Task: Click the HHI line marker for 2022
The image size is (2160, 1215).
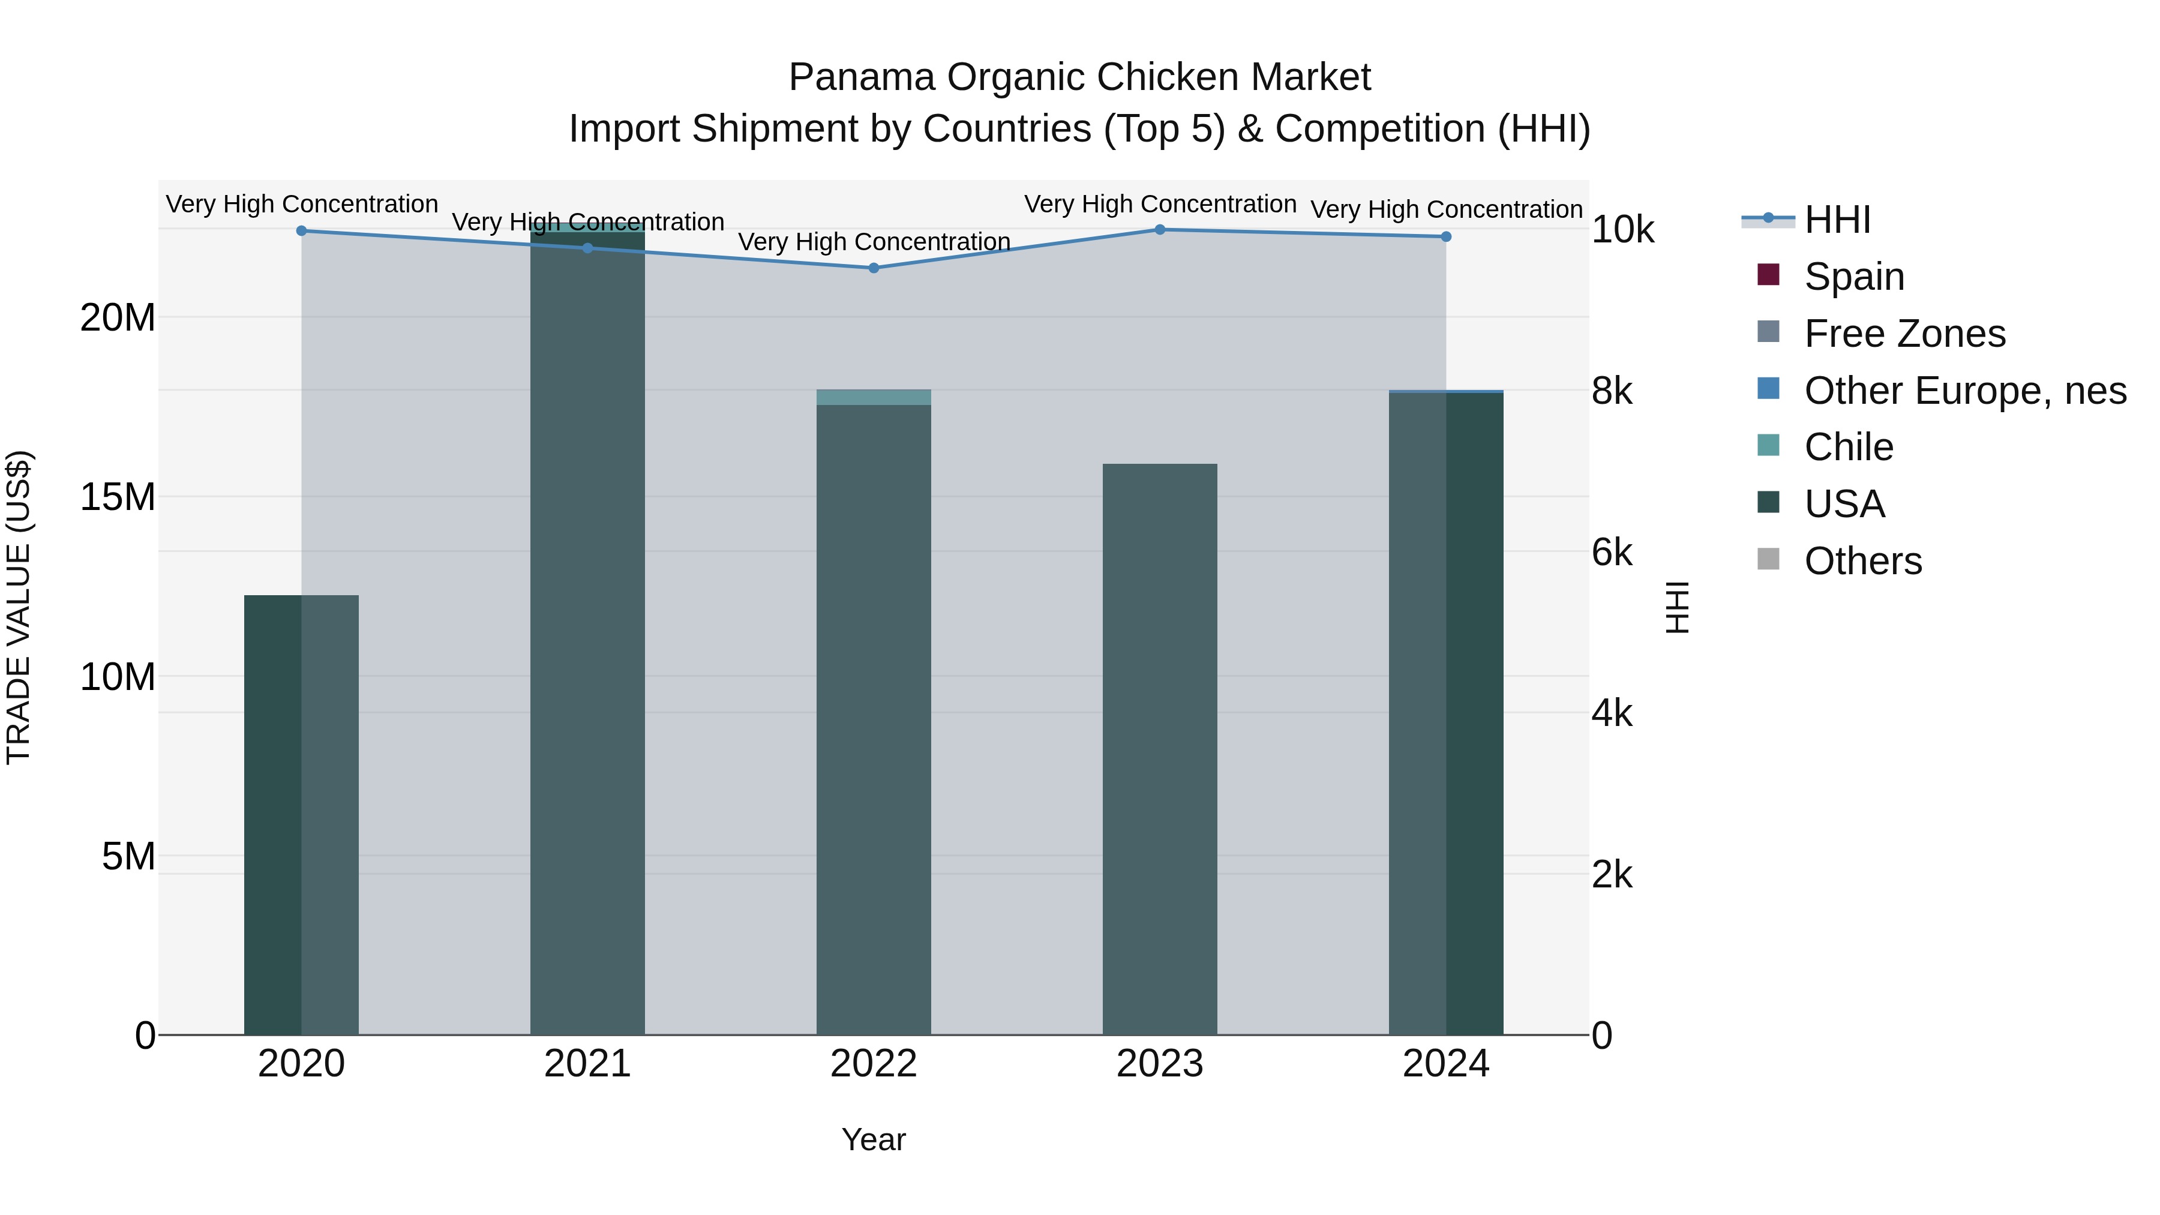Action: [x=873, y=268]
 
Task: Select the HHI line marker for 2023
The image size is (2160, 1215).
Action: [x=1160, y=229]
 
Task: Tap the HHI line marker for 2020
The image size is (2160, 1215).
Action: [x=301, y=230]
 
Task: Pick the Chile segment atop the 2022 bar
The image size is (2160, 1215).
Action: [x=873, y=397]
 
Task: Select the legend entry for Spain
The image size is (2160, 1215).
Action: [x=1853, y=276]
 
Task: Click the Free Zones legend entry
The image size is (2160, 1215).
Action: [x=1903, y=333]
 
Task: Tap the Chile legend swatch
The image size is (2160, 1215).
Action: [x=1768, y=445]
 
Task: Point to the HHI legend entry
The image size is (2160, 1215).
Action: [x=1837, y=219]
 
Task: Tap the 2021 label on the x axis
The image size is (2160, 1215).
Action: [x=587, y=1063]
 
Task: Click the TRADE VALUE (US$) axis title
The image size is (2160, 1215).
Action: [x=19, y=607]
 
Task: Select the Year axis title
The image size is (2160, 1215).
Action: [x=873, y=1139]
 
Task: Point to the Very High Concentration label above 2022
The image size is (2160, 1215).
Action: [x=873, y=241]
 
